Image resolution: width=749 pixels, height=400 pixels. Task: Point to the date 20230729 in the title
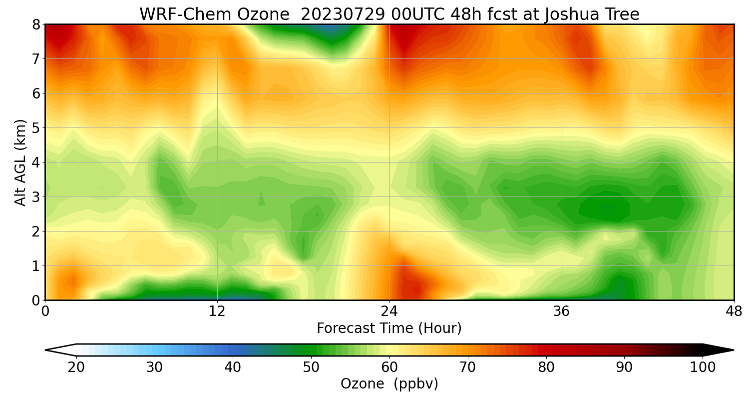[x=342, y=14]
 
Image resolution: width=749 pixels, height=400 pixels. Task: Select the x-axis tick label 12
[x=217, y=310]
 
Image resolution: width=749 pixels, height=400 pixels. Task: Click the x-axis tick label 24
[x=389, y=310]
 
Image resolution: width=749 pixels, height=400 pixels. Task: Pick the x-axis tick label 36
[x=562, y=310]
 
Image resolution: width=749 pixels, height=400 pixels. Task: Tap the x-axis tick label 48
[x=734, y=310]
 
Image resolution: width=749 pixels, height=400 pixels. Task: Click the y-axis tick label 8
[x=36, y=24]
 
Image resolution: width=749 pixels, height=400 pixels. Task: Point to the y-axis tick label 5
[x=36, y=128]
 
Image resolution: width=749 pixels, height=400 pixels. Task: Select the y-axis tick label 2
[x=36, y=231]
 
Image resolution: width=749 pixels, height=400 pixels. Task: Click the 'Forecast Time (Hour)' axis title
[x=389, y=328]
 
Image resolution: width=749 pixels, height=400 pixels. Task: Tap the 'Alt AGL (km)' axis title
[x=20, y=162]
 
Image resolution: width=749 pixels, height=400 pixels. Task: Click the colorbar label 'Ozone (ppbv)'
[x=389, y=384]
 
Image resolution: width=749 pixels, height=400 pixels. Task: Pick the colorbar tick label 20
[x=76, y=367]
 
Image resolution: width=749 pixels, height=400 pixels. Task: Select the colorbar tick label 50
[x=311, y=367]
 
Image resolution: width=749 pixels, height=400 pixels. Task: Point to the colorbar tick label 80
[x=546, y=367]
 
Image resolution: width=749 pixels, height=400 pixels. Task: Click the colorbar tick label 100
[x=703, y=367]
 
